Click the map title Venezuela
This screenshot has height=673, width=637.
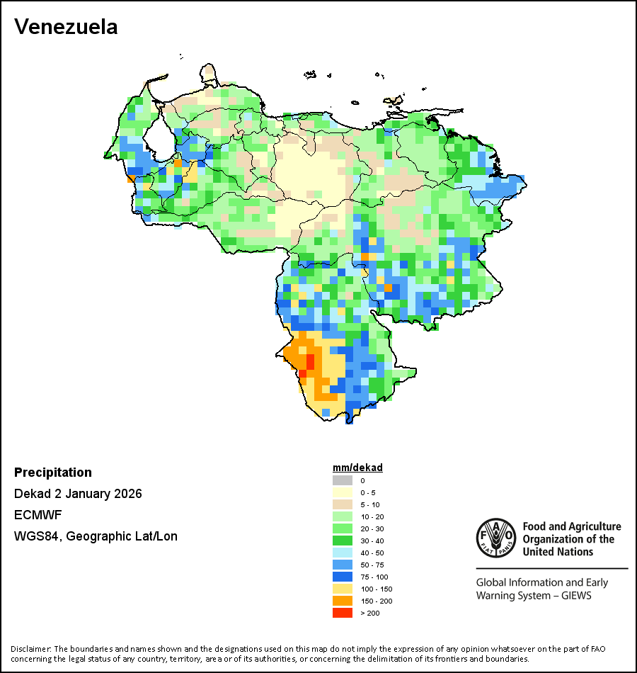pos(66,27)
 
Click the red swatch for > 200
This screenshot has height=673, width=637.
pos(342,613)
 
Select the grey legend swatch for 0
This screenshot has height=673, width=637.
pos(342,480)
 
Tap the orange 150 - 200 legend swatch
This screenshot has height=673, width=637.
pos(342,601)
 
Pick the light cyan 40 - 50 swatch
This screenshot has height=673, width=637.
pos(342,553)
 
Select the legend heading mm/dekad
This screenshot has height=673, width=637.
pos(357,468)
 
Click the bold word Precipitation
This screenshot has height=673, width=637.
pos(53,473)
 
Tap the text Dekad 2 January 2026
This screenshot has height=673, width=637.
pos(78,494)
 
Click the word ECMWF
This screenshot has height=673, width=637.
pos(35,515)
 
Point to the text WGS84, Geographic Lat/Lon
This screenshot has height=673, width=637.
pos(96,536)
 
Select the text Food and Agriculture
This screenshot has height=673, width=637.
pos(572,526)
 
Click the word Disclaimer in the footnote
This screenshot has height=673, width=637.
pos(30,648)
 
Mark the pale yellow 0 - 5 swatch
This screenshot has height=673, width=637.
pos(342,492)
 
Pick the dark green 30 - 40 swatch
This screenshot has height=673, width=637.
pos(342,541)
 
